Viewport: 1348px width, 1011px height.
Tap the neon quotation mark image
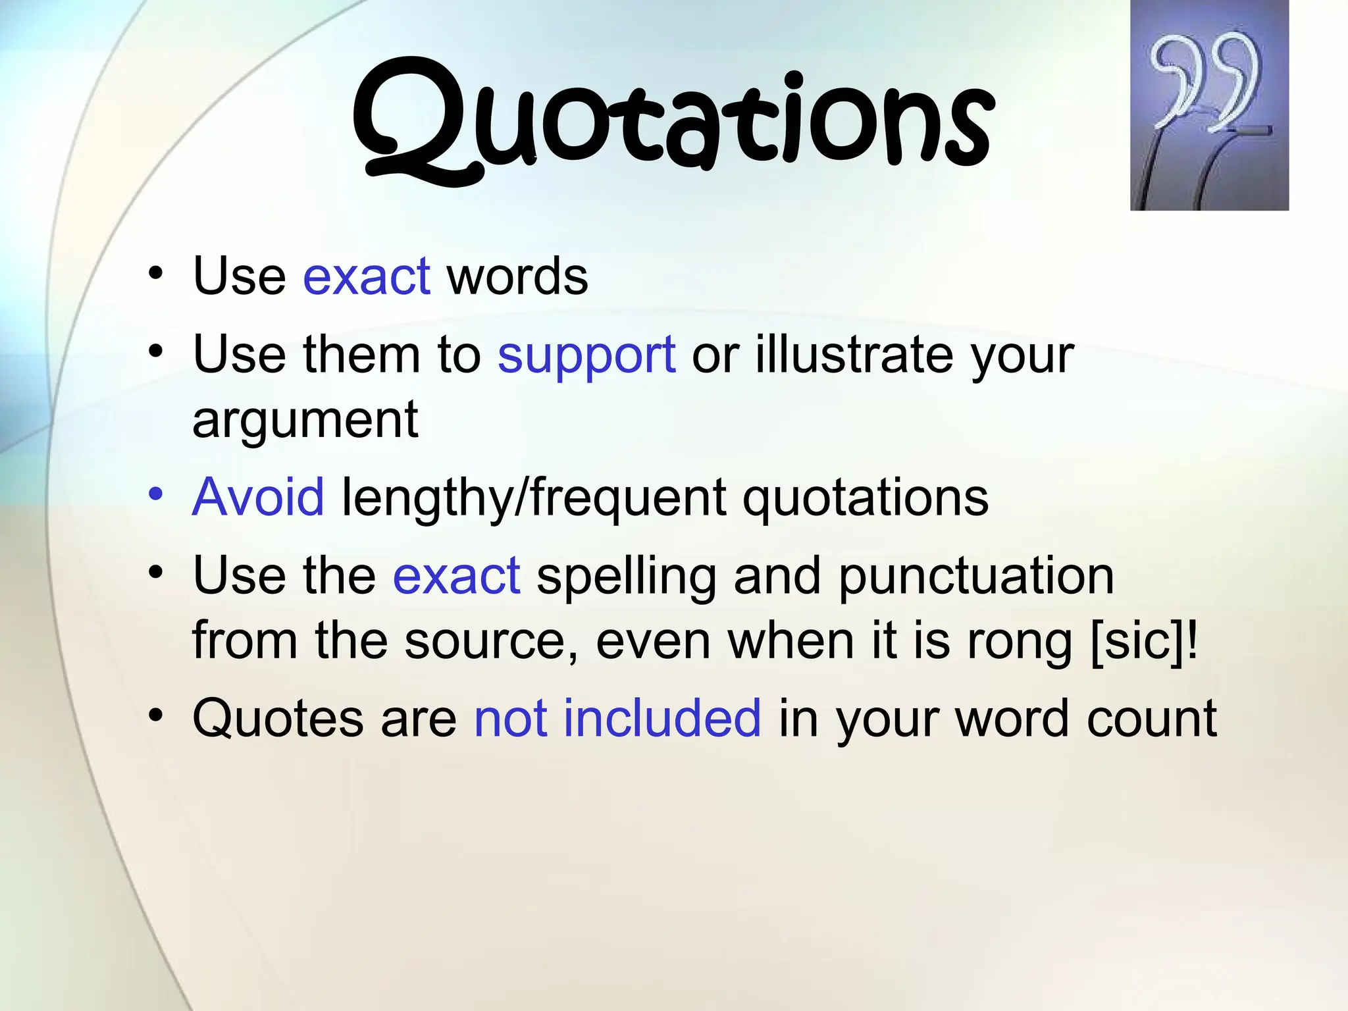[x=1209, y=105]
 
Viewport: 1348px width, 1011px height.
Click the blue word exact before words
[x=367, y=276]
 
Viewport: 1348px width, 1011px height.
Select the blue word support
[x=586, y=355]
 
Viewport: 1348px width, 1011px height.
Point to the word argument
[x=305, y=420]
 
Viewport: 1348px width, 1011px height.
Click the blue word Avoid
[x=258, y=497]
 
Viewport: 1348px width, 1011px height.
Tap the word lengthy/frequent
[x=534, y=498]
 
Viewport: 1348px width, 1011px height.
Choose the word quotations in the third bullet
[x=866, y=498]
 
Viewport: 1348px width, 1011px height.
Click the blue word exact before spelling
[x=457, y=576]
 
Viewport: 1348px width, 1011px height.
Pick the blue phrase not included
[x=617, y=718]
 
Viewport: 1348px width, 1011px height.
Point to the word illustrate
[x=854, y=355]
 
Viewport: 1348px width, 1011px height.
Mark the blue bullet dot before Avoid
[x=155, y=494]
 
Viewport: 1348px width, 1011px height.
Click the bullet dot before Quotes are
[x=155, y=715]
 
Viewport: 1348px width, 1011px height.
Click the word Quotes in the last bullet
[x=278, y=718]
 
